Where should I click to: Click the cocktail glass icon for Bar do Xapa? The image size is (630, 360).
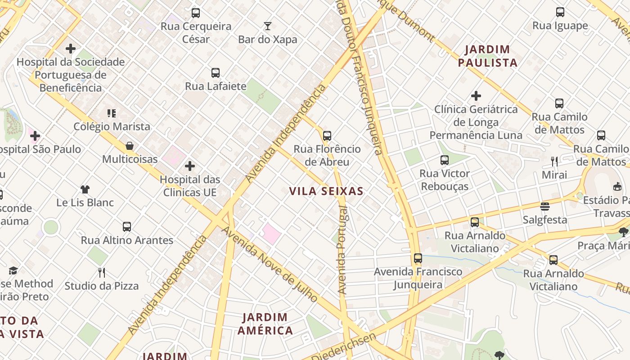(268, 26)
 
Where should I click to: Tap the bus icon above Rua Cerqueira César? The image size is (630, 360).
(196, 13)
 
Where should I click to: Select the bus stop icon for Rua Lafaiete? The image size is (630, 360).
(216, 73)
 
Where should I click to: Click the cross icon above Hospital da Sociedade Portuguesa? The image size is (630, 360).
(71, 49)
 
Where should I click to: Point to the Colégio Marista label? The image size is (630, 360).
(112, 126)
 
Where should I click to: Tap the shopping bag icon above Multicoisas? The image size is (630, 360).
(130, 146)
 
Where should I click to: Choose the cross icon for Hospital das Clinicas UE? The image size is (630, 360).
(190, 166)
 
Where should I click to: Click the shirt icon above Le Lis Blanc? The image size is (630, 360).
(85, 189)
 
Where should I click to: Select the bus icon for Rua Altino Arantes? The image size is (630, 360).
(127, 227)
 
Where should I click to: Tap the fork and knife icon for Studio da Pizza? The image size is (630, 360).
(102, 272)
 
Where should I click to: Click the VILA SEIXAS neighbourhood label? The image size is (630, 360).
(326, 191)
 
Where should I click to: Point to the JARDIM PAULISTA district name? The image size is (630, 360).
(488, 56)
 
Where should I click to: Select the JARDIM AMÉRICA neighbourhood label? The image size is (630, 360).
(265, 324)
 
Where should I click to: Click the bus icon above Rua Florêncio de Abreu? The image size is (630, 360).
(327, 136)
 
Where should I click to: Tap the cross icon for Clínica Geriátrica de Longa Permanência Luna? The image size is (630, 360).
(476, 96)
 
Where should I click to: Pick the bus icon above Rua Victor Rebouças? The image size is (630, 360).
(445, 160)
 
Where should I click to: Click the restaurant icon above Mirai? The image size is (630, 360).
(554, 162)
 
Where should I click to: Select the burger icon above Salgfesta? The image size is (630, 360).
(545, 207)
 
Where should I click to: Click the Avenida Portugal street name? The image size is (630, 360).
(342, 250)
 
